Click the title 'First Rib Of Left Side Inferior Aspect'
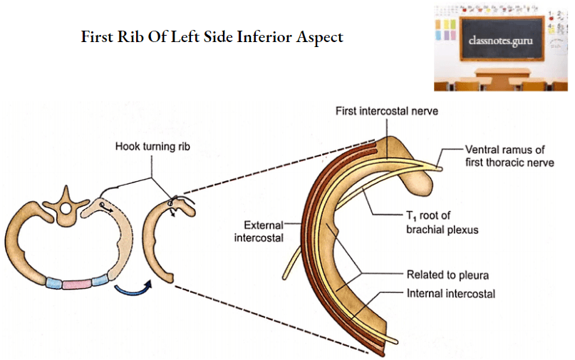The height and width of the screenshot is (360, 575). tap(212, 36)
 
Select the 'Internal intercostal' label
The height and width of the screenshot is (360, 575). tap(450, 293)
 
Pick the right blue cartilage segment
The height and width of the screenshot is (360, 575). tap(100, 279)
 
